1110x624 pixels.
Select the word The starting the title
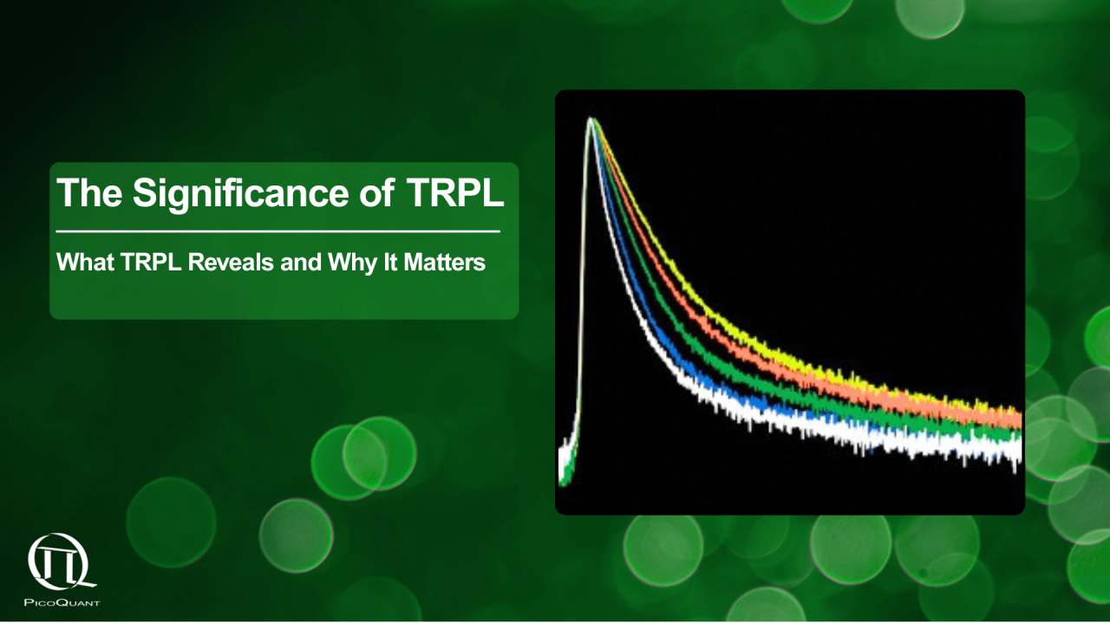[90, 192]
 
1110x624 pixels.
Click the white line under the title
[277, 231]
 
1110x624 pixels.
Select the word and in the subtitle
[302, 262]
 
